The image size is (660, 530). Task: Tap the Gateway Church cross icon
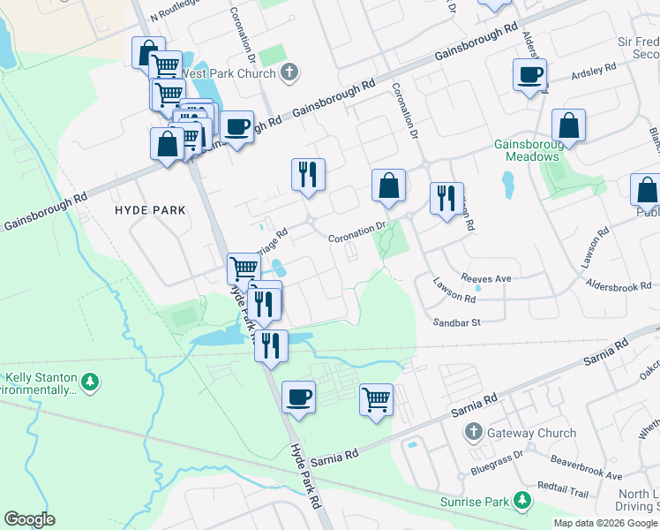(474, 433)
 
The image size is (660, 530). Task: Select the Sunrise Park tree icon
(522, 502)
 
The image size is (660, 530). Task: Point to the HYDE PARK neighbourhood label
(150, 210)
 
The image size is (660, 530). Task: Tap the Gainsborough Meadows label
(527, 150)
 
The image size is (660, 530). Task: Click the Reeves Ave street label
(485, 278)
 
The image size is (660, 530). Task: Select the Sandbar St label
(455, 323)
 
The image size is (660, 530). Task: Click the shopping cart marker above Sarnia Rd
(376, 399)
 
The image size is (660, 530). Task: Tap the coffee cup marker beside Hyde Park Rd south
(298, 396)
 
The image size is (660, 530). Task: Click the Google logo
(29, 519)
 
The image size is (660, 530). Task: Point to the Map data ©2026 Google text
(604, 523)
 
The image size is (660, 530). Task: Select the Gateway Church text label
(532, 433)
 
